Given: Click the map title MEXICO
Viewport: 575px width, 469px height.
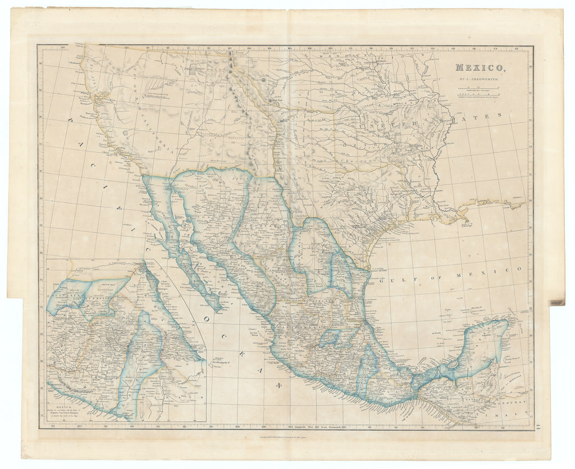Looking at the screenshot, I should pyautogui.click(x=480, y=68).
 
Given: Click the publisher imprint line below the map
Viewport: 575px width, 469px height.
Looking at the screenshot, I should pyautogui.click(x=286, y=443).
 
